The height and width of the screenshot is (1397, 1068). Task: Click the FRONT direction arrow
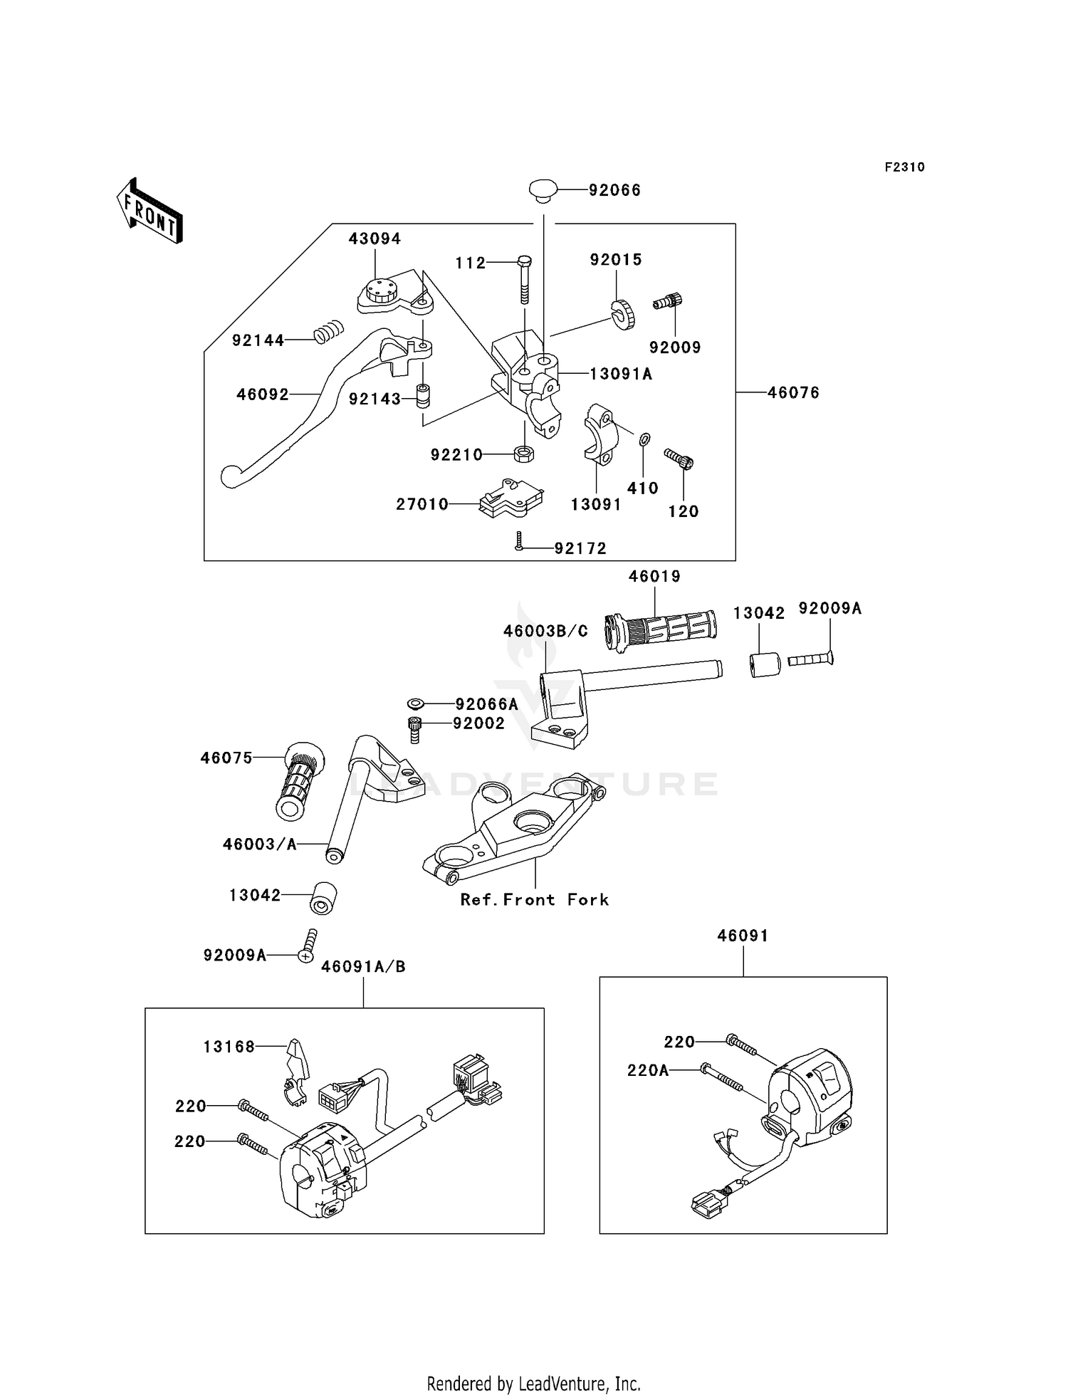(150, 211)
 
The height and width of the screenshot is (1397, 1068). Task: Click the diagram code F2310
(904, 167)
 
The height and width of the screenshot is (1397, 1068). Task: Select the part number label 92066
(614, 190)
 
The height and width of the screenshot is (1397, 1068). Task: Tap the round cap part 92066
(543, 190)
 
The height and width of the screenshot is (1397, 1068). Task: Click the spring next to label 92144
(329, 331)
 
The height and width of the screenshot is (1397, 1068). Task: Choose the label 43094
(375, 239)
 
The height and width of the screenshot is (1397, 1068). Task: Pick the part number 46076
(793, 392)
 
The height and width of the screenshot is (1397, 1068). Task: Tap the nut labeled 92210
(524, 453)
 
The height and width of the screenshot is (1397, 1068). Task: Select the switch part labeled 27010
(511, 497)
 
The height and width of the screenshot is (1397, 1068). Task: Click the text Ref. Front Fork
(534, 899)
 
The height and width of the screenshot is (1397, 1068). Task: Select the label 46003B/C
(545, 631)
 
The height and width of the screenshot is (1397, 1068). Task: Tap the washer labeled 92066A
(416, 704)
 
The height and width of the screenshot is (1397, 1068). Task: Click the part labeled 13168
(295, 1073)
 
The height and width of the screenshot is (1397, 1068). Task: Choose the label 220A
(647, 1070)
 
